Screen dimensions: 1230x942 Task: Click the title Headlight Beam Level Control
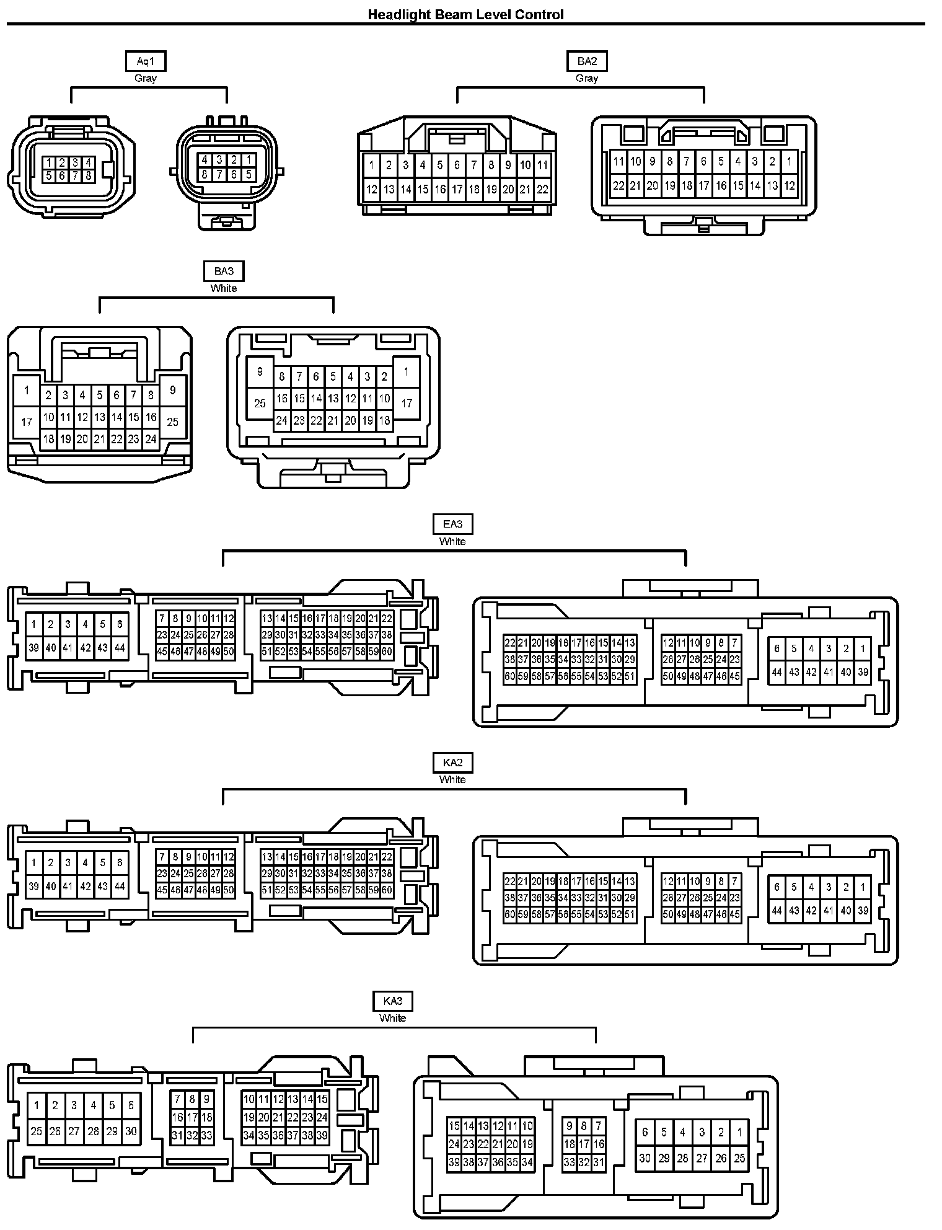(465, 14)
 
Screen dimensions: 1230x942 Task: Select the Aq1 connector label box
(145, 61)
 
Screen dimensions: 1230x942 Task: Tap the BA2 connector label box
(586, 61)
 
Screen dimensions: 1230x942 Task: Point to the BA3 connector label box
(224, 271)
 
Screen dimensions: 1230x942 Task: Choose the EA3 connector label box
(452, 524)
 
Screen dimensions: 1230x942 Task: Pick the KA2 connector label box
(452, 762)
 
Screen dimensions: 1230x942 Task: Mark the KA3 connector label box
(392, 1001)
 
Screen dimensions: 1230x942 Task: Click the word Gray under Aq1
(145, 78)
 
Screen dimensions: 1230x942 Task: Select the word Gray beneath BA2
(586, 78)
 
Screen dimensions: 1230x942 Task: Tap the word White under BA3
(224, 288)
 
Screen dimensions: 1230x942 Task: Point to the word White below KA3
(392, 1018)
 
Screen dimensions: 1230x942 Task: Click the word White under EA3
(452, 541)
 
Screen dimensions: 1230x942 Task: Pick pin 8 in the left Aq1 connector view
(89, 175)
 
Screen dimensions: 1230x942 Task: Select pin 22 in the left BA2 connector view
(542, 190)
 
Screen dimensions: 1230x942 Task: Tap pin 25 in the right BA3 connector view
(260, 404)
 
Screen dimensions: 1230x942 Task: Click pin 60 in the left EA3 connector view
(387, 652)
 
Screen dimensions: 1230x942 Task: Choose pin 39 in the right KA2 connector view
(863, 911)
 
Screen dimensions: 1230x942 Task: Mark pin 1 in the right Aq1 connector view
(249, 160)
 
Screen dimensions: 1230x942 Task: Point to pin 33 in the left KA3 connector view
(207, 1136)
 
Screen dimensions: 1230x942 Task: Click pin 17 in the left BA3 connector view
(27, 422)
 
